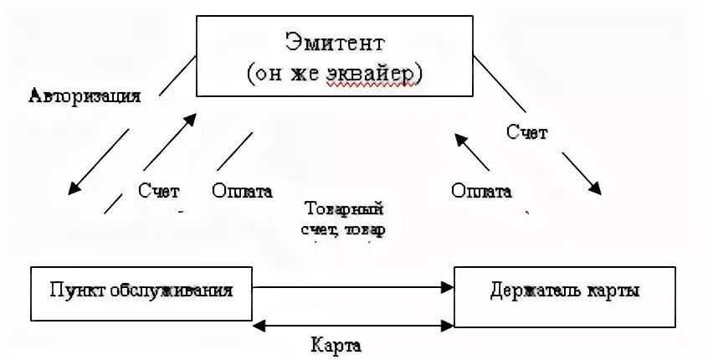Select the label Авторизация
click(84, 95)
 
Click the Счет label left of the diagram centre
click(159, 190)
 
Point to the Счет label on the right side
click(526, 131)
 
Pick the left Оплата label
click(243, 190)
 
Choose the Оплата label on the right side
click(481, 190)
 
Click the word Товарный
click(344, 208)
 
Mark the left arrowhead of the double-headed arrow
click(261, 324)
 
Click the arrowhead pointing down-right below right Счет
click(595, 189)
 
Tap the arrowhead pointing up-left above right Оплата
click(458, 136)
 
